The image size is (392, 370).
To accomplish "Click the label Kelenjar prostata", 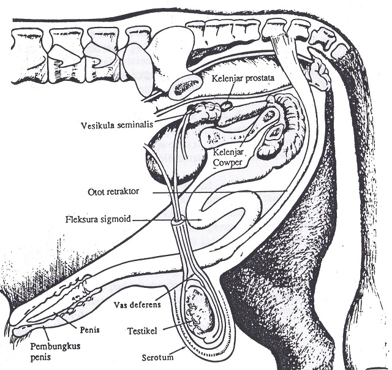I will pos(240,78).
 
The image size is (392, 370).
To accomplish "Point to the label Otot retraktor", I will pos(114,192).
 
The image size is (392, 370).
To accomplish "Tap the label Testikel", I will pos(144,331).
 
